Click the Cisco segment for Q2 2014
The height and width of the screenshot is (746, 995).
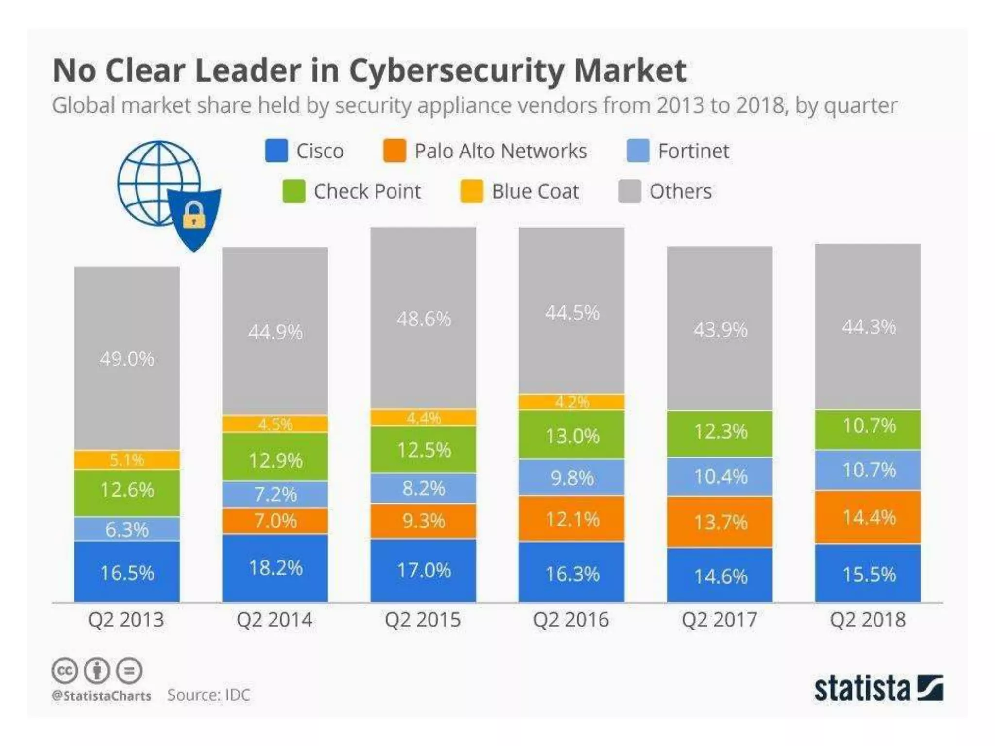275,568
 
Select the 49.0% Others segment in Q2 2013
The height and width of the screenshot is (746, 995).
127,358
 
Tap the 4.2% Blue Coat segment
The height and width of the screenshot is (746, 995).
571,402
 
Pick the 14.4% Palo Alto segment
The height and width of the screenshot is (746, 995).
868,517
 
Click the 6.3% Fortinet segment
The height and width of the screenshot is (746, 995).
127,529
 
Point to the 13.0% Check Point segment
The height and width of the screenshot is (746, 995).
571,435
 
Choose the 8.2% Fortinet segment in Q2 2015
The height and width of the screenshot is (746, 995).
423,488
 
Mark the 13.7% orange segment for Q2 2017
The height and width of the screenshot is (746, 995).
720,522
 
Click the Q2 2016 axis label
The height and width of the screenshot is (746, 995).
571,620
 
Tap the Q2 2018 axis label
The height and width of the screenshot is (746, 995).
868,620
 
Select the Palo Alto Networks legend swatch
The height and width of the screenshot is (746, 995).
394,151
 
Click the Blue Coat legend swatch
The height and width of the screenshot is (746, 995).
471,191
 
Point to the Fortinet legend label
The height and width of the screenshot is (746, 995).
693,151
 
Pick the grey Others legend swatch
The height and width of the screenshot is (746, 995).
630,191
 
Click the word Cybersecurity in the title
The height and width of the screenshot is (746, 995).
456,71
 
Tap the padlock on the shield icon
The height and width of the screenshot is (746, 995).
194,215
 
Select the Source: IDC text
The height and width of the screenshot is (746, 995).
208,695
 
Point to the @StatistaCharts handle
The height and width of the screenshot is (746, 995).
102,696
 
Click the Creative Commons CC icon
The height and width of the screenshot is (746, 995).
64,671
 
